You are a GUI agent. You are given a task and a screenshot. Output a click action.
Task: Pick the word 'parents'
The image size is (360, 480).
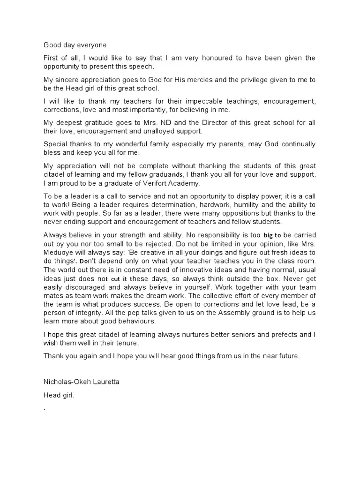(x=227, y=144)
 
